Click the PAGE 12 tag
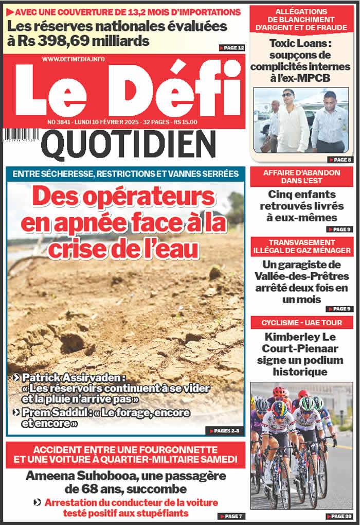click(x=231, y=48)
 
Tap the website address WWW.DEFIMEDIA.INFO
click(x=73, y=59)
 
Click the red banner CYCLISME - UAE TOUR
click(x=301, y=323)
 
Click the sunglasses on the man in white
click(x=288, y=95)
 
